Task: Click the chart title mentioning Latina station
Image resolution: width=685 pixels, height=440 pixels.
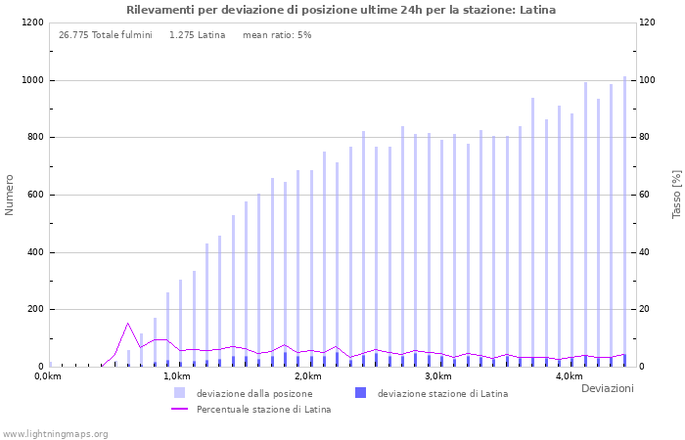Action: tap(341, 10)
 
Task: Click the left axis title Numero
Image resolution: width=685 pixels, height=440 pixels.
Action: tap(10, 195)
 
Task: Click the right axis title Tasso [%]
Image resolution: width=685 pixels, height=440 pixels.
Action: tap(675, 195)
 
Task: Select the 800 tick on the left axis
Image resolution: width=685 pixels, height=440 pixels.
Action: tap(34, 138)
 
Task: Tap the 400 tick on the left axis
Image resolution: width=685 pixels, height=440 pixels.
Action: tap(34, 252)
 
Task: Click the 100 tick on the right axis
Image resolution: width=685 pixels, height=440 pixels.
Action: tap(648, 80)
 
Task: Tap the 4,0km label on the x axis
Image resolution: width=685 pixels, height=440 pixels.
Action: tap(569, 376)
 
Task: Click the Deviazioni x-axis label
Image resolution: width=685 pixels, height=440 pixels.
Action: tap(607, 389)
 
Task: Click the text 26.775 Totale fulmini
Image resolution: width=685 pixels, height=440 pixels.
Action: tap(106, 35)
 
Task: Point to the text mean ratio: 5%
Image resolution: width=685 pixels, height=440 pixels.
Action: tap(277, 35)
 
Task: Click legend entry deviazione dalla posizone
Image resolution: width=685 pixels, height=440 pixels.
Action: tap(253, 394)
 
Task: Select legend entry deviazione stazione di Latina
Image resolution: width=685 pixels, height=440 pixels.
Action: tap(442, 394)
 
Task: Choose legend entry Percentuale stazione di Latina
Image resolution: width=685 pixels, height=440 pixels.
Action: tap(263, 410)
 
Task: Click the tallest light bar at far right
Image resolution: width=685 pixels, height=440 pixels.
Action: tap(624, 221)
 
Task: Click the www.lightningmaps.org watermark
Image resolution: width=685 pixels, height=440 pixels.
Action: tap(55, 434)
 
